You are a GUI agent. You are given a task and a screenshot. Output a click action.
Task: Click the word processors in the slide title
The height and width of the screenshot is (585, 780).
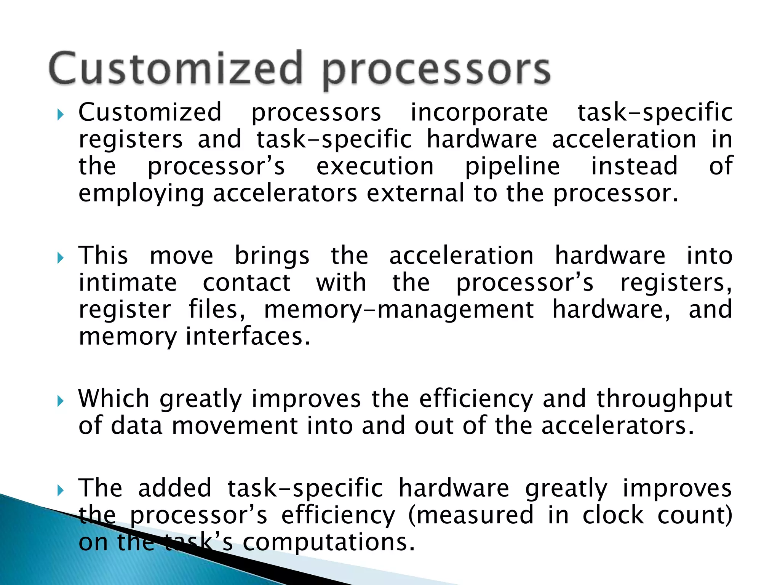pyautogui.click(x=436, y=71)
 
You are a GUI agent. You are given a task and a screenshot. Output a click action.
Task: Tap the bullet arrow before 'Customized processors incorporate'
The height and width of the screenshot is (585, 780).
pyautogui.click(x=60, y=114)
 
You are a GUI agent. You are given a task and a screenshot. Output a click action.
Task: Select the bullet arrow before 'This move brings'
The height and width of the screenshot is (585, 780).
pyautogui.click(x=60, y=258)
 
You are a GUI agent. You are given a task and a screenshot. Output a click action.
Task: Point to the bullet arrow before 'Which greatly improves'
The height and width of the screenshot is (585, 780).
pyautogui.click(x=60, y=401)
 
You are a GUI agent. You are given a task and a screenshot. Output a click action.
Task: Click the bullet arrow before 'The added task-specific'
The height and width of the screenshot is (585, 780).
pyautogui.click(x=60, y=490)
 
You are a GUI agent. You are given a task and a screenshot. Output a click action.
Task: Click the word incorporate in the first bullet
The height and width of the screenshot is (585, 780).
pyautogui.click(x=479, y=113)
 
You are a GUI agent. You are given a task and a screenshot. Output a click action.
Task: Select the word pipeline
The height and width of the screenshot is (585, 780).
pyautogui.click(x=512, y=167)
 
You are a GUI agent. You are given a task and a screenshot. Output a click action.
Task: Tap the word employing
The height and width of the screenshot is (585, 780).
pyautogui.click(x=141, y=194)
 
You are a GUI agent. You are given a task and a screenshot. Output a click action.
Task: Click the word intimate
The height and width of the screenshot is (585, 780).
pyautogui.click(x=128, y=283)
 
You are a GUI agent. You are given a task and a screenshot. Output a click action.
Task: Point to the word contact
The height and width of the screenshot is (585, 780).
pyautogui.click(x=247, y=283)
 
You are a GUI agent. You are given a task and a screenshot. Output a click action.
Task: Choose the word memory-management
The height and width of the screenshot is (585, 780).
pyautogui.click(x=399, y=310)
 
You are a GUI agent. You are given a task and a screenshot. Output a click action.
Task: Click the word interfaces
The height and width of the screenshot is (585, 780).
pyautogui.click(x=248, y=337)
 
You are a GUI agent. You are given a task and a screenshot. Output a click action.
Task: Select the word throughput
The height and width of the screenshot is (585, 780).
pyautogui.click(x=664, y=400)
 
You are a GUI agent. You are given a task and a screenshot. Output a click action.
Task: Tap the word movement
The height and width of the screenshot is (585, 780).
pyautogui.click(x=235, y=426)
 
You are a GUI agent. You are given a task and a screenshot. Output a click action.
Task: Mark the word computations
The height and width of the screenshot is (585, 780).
pyautogui.click(x=328, y=542)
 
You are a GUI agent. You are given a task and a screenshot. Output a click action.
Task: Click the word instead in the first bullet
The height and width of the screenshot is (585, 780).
pyautogui.click(x=634, y=166)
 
